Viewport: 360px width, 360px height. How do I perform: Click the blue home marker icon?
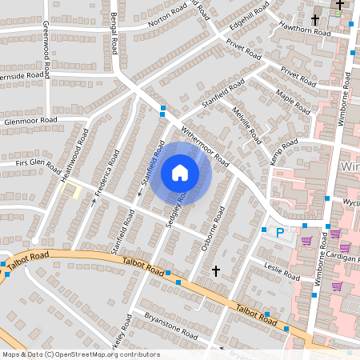click(180, 172)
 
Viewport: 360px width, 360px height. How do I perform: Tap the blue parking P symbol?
click(279, 233)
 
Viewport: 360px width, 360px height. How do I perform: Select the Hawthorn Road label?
click(304, 30)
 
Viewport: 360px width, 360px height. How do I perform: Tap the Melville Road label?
click(246, 124)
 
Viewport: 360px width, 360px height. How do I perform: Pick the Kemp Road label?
click(283, 152)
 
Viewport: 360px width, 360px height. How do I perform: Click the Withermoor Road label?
click(206, 144)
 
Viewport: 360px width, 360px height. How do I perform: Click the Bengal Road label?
click(114, 34)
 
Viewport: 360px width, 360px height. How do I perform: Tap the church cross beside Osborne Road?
click(215, 273)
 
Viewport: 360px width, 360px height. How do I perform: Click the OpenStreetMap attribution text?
click(81, 354)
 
